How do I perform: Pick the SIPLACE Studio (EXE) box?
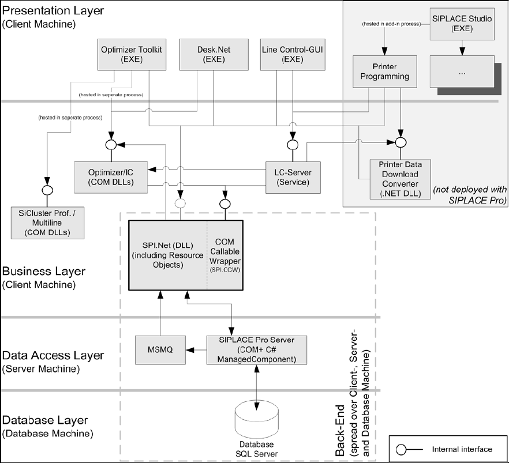tap(463, 24)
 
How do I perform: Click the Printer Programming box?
tap(383, 71)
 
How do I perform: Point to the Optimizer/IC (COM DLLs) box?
tap(111, 176)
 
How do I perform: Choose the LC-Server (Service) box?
tap(292, 176)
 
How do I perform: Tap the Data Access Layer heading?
tap(53, 355)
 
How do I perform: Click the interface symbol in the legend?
tap(402, 449)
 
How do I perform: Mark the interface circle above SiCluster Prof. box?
tap(47, 189)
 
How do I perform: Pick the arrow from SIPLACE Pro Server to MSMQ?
tap(193, 349)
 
